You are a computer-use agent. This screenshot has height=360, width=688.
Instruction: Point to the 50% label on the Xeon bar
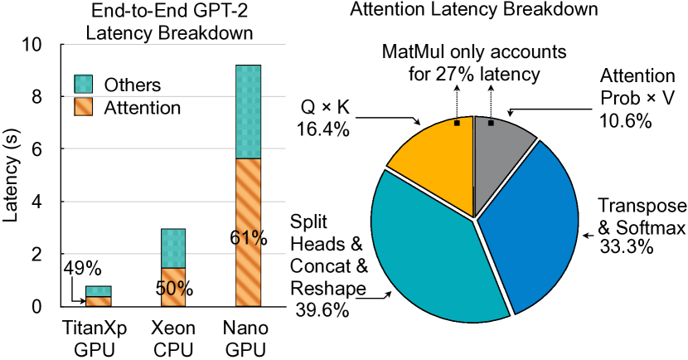coord(173,289)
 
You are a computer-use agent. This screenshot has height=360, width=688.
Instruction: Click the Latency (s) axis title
coord(12,176)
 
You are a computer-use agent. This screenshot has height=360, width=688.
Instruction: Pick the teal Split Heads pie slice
coord(431,249)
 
